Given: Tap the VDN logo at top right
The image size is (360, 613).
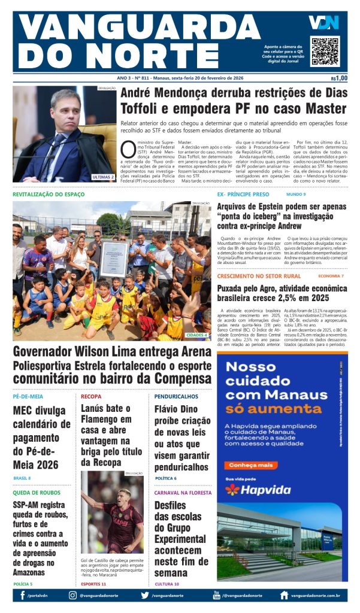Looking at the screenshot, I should (323, 23).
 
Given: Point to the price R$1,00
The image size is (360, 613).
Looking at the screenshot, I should (338, 78).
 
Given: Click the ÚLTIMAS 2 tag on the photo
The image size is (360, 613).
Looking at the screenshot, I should (103, 177).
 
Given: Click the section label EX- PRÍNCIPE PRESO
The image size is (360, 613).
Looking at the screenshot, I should (243, 195).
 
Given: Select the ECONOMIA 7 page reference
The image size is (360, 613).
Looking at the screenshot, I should (331, 276).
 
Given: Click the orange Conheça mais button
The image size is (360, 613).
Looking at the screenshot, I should (252, 465).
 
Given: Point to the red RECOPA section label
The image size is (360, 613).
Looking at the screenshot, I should (92, 396).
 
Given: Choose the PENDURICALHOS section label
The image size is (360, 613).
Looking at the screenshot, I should (176, 396).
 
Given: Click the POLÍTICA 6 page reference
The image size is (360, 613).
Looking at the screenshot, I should (165, 478).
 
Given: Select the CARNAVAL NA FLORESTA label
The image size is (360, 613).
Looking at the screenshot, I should (183, 493).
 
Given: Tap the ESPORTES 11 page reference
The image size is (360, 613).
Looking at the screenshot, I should (93, 584).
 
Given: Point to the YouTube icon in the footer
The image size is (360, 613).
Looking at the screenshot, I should (216, 595).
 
